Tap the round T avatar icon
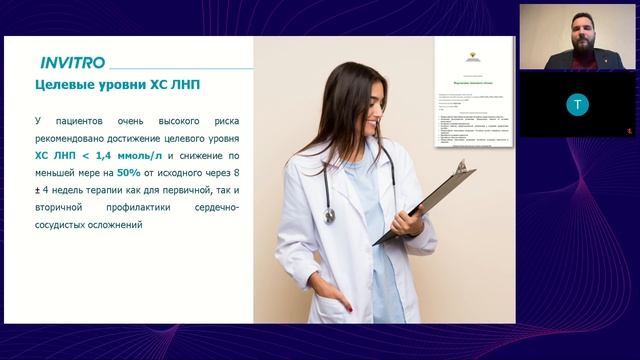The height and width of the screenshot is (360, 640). (577, 103)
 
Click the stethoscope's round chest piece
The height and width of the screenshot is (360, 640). (330, 215)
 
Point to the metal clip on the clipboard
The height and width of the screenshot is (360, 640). (462, 166)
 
